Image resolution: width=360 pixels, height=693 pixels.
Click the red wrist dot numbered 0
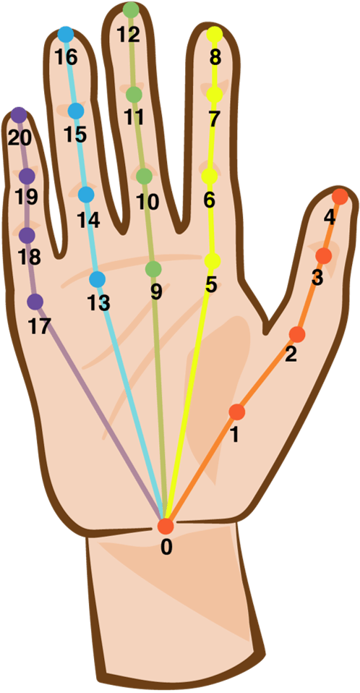(166, 527)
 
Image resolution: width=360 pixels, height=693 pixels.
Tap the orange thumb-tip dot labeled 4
(340, 196)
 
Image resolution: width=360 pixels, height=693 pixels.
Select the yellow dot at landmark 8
(215, 34)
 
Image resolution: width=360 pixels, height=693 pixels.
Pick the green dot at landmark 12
(131, 9)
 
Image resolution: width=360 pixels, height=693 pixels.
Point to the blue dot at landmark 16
(66, 35)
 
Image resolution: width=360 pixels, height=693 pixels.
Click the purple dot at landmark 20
(19, 115)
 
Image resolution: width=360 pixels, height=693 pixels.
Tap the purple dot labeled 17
(35, 302)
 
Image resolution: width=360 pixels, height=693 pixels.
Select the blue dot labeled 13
(98, 279)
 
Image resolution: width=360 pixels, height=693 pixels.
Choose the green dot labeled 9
(153, 268)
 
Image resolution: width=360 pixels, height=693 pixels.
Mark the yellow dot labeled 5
(213, 260)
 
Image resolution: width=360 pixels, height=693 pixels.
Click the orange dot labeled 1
(237, 412)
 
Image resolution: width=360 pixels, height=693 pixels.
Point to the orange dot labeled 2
(297, 335)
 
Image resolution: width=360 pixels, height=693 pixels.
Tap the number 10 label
(147, 203)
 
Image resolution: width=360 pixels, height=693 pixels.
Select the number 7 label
(214, 119)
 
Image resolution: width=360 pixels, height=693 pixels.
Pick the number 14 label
(88, 220)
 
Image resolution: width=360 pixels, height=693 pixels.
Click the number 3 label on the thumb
(317, 279)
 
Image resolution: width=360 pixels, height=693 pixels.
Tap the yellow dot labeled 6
(210, 177)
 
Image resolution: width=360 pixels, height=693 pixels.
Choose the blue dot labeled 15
(77, 111)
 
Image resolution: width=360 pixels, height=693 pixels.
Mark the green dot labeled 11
(134, 94)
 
